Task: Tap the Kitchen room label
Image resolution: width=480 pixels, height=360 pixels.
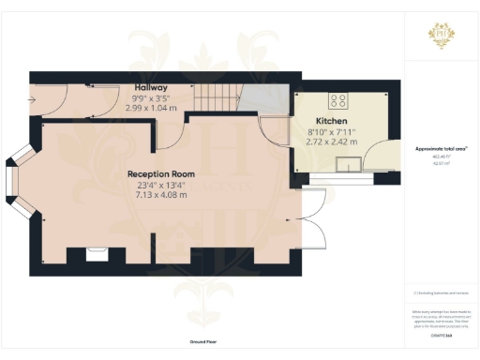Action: point(332,122)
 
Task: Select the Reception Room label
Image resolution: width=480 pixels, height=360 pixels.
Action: point(161,174)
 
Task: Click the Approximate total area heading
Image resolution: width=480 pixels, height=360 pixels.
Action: point(442,149)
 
